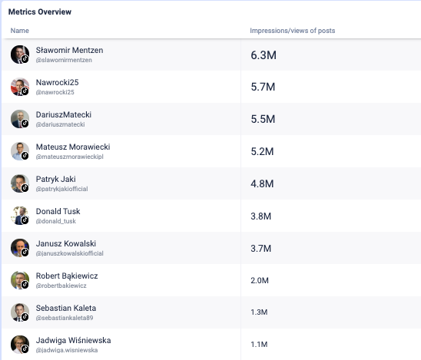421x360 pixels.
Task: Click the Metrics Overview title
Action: pos(40,12)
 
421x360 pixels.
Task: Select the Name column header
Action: pos(20,31)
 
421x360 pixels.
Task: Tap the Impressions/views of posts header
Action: pos(293,31)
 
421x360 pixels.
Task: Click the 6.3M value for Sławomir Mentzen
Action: pos(264,55)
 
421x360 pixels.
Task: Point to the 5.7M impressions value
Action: pos(263,87)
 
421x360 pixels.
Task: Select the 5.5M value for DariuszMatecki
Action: pos(263,119)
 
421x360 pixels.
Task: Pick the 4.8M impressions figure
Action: pos(262,183)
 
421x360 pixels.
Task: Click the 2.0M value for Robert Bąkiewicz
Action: pos(260,280)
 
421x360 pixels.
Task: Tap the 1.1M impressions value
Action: pos(259,344)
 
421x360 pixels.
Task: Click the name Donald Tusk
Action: pos(58,211)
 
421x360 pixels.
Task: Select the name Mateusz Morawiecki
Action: pos(73,147)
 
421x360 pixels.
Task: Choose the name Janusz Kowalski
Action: pos(66,243)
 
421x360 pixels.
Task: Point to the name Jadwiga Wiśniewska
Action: pos(73,340)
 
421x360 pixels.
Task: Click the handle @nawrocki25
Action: pos(55,92)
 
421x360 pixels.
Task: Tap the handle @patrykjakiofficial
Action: pos(61,189)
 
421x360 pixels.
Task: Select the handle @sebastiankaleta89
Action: pos(65,318)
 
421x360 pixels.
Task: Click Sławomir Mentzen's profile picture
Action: pos(20,54)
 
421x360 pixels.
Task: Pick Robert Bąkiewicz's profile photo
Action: pos(20,280)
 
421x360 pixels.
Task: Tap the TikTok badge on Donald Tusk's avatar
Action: pos(25,220)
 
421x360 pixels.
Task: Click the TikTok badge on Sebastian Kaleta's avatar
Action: pos(25,317)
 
